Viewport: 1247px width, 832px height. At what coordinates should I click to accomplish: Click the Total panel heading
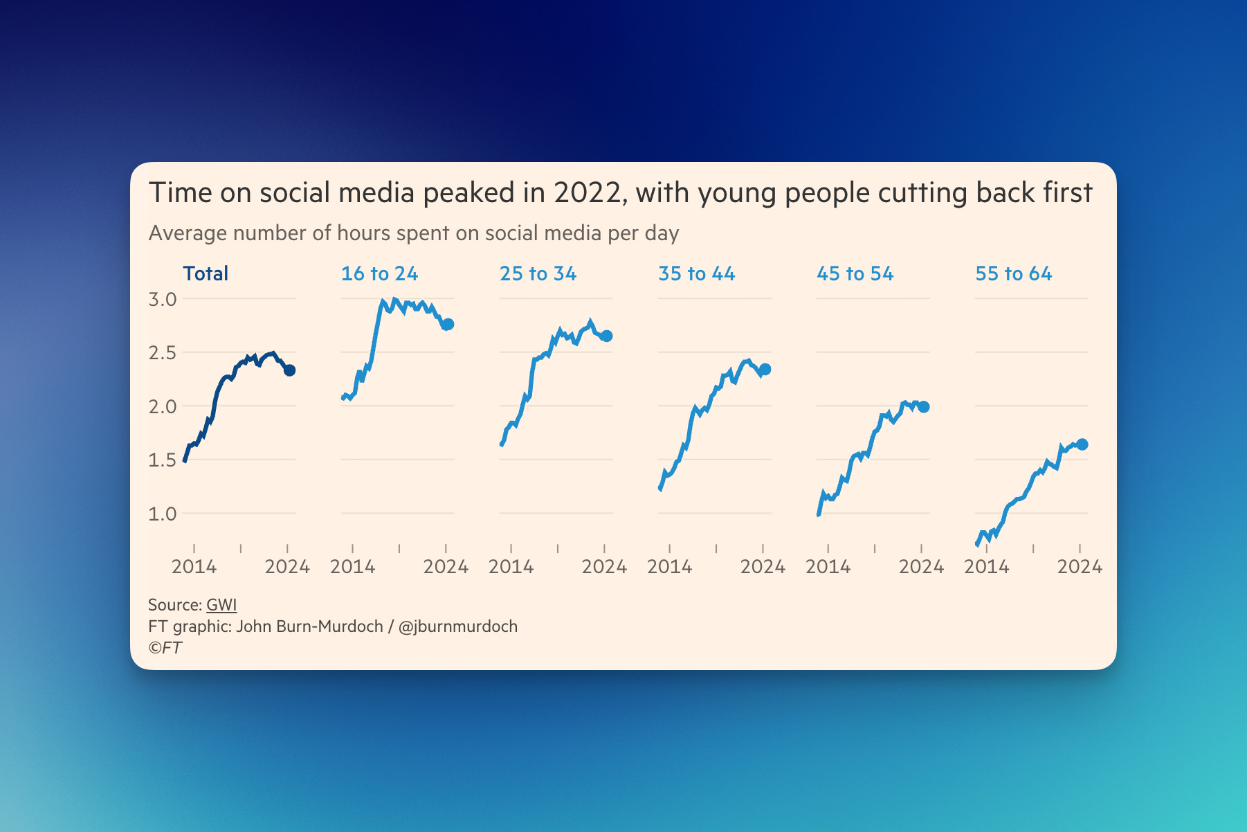pos(206,273)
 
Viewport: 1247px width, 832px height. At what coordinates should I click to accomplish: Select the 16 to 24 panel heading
pos(379,273)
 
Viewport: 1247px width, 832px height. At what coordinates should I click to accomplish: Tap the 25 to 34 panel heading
pos(538,273)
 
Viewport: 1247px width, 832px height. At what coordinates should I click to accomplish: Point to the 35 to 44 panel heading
pos(696,273)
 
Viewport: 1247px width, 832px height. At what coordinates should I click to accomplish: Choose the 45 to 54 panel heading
pos(855,273)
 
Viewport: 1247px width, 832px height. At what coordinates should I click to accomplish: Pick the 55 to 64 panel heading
pos(1013,273)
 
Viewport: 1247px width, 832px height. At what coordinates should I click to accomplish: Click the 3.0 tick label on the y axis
pos(163,299)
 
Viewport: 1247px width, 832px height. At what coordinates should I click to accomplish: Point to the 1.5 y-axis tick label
pos(163,460)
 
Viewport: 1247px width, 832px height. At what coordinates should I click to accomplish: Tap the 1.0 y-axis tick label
pos(163,514)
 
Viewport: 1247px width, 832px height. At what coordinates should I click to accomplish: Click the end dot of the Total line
pos(290,370)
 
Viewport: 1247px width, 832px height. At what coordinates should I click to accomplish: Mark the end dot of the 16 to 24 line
pos(448,324)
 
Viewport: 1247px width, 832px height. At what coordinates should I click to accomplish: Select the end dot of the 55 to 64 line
pos(1082,444)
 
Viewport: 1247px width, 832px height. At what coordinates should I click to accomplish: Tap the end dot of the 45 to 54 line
pos(924,407)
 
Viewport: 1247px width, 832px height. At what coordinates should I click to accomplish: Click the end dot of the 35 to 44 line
pos(765,370)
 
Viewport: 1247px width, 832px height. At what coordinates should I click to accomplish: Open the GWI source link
pos(221,605)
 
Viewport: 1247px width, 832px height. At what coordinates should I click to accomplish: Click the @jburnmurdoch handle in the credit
pos(458,626)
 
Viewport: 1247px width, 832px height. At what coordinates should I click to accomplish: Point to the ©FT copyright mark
pos(165,648)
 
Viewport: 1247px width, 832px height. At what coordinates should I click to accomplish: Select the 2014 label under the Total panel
pos(194,567)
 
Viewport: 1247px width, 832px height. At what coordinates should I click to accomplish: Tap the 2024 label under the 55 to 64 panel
pos(1080,567)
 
